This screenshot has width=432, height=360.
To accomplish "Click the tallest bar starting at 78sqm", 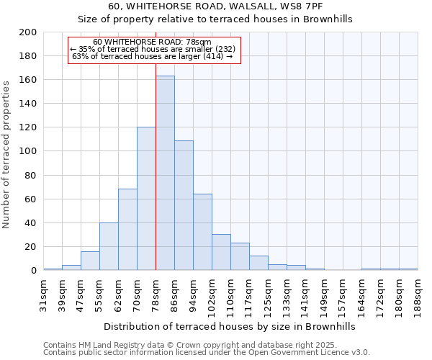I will [165, 173].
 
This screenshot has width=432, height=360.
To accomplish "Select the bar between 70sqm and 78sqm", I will [146, 199].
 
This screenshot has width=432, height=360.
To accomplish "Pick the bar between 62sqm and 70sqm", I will [127, 230].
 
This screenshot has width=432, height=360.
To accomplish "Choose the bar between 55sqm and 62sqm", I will [109, 246].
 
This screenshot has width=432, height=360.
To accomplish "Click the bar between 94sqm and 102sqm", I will [202, 232].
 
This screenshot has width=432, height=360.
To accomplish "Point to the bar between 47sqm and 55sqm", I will [90, 261].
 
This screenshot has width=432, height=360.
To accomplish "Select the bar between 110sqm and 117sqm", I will [240, 256].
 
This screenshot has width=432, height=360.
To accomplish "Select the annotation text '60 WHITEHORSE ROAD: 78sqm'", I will [153, 42].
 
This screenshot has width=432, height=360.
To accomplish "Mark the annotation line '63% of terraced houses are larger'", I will [153, 56].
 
